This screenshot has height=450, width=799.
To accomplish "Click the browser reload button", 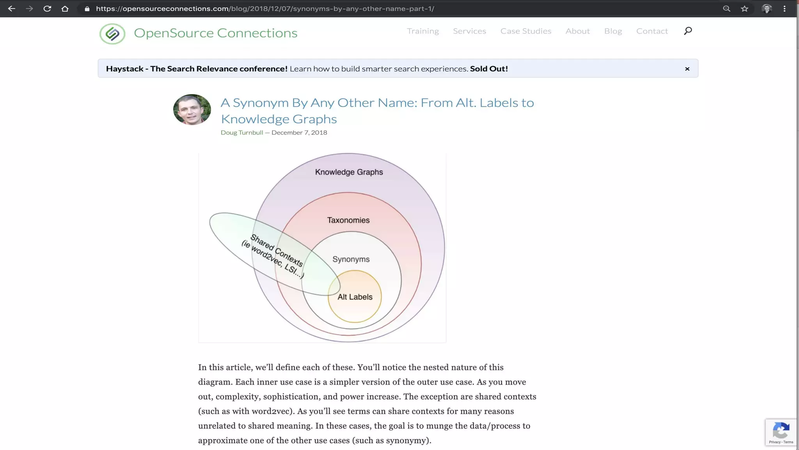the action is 47,9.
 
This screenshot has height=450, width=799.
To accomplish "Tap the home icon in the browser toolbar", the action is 65,9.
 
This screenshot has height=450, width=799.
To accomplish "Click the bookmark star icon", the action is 744,9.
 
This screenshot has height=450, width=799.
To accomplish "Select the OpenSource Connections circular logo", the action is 112,34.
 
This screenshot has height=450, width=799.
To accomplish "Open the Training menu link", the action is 423,31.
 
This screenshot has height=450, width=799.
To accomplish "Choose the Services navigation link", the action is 469,31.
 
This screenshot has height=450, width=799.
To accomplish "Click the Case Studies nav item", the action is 526,31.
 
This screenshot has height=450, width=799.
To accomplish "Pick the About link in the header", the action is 577,31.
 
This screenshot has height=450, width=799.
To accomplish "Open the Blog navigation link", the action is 613,31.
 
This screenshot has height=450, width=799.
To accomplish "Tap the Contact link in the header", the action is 652,31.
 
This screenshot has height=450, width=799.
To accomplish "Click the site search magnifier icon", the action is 688,31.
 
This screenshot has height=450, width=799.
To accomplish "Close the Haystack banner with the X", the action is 687,69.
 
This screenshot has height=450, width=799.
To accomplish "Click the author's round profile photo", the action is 192,110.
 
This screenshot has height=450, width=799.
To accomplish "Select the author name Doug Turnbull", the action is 242,133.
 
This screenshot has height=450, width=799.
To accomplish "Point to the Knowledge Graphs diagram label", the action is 349,172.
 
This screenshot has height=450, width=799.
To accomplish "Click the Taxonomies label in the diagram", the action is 348,220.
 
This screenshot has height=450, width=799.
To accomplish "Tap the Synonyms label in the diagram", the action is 351,259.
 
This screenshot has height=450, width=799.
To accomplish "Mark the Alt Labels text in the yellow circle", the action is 355,297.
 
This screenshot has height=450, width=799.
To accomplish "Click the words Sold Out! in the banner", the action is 488,69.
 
